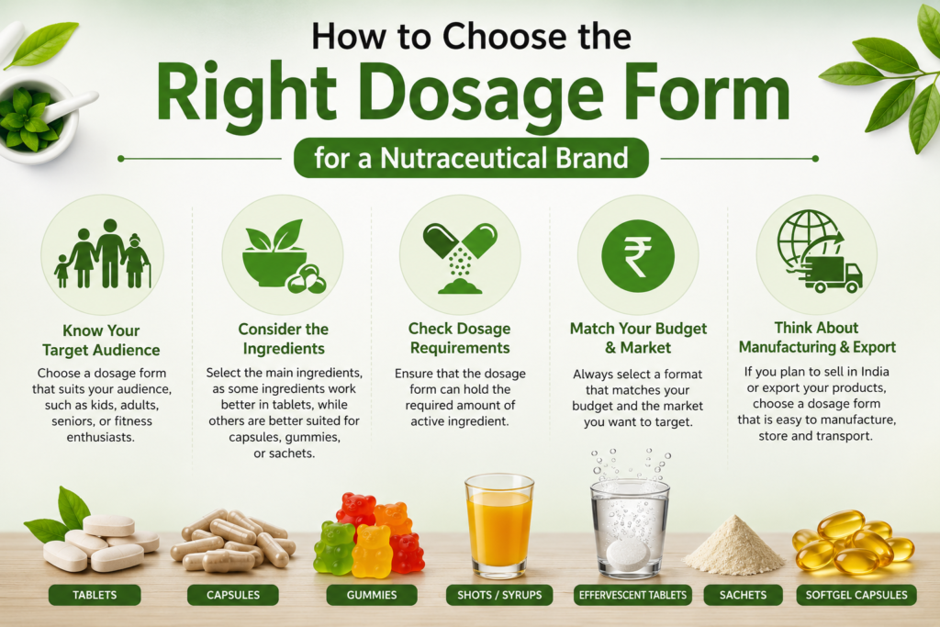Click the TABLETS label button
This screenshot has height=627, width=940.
pyautogui.click(x=95, y=595)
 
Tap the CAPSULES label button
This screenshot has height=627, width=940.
pyautogui.click(x=232, y=595)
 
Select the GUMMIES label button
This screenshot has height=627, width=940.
pyautogui.click(x=372, y=595)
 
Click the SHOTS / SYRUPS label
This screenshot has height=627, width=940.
pyautogui.click(x=499, y=595)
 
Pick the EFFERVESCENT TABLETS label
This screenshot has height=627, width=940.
pyautogui.click(x=632, y=595)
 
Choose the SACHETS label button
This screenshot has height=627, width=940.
pyautogui.click(x=743, y=595)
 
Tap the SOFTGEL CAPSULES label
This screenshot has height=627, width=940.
pyautogui.click(x=856, y=595)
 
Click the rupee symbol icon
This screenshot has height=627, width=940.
pyautogui.click(x=638, y=256)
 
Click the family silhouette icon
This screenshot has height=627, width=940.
pyautogui.click(x=103, y=254)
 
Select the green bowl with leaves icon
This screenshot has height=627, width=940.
pyautogui.click(x=283, y=256)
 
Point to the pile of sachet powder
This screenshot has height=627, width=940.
pyautogui.click(x=733, y=544)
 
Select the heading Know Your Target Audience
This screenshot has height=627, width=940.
pyautogui.click(x=101, y=341)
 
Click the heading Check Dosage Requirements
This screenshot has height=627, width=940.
pyautogui.click(x=460, y=338)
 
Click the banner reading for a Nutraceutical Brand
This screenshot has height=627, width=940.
pyautogui.click(x=471, y=158)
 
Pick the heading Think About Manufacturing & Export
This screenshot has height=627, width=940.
pyautogui.click(x=817, y=338)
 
